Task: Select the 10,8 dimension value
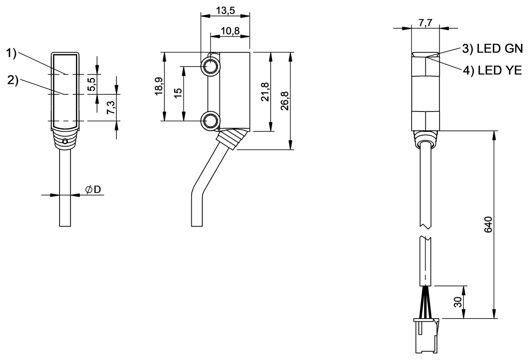tap(230, 31)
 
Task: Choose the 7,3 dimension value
tap(111, 107)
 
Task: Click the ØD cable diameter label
tap(93, 189)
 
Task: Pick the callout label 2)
tap(13, 80)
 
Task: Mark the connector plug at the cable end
tap(425, 336)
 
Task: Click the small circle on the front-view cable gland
tap(65, 141)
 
